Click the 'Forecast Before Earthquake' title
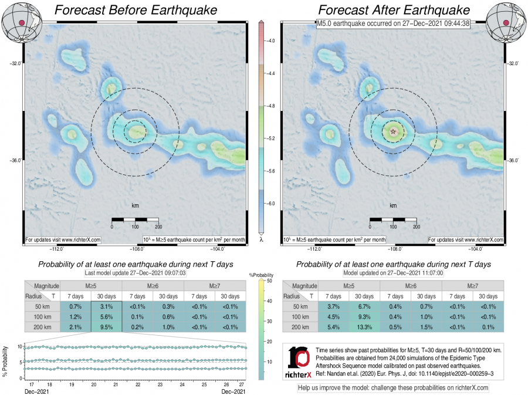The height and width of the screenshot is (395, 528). click(136, 11)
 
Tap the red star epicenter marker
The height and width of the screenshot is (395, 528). click(392, 131)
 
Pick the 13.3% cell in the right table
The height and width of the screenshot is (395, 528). click(365, 326)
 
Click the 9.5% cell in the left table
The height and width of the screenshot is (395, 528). click(106, 326)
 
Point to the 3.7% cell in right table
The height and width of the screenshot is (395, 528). click(334, 307)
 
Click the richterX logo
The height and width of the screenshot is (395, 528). click(300, 362)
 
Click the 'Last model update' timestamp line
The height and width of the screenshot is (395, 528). click(136, 273)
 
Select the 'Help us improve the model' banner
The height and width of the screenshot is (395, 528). click(393, 387)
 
